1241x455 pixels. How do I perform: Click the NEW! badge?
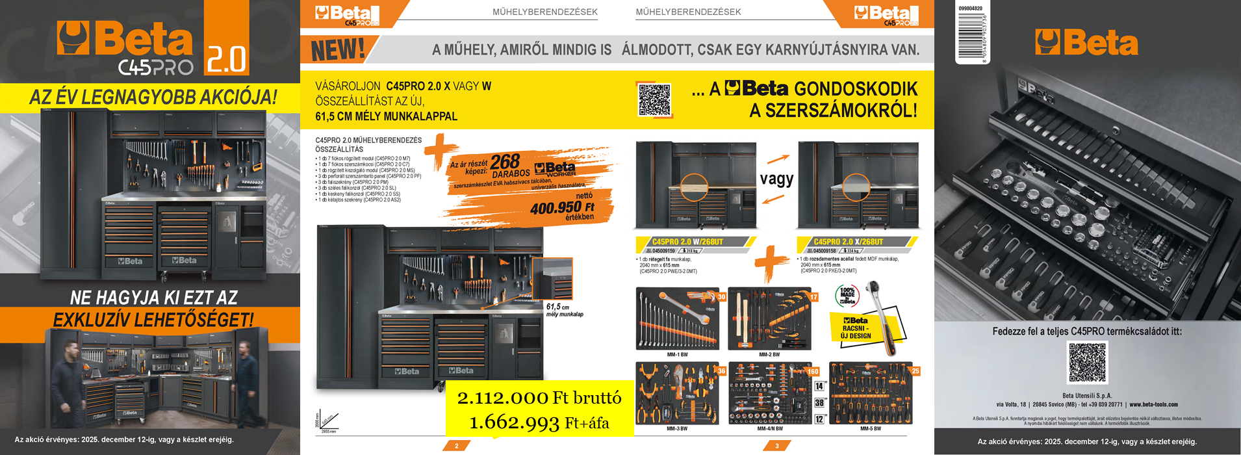click(x=338, y=50)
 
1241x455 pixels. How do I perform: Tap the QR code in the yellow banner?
click(x=654, y=100)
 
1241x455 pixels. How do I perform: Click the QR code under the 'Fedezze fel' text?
click(x=1087, y=363)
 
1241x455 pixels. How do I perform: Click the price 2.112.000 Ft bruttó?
click(x=539, y=398)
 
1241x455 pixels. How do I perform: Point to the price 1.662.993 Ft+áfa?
click(x=539, y=423)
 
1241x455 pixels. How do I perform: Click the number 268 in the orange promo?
click(x=505, y=161)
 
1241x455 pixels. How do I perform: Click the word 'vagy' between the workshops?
click(x=776, y=179)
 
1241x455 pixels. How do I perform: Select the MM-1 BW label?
click(x=677, y=355)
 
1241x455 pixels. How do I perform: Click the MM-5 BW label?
click(x=870, y=429)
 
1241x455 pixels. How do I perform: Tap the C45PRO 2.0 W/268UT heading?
click(x=687, y=242)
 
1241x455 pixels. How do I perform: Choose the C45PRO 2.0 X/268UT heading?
click(x=848, y=242)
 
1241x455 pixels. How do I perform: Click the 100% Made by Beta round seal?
click(x=847, y=296)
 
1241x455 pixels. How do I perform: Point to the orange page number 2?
click(x=456, y=446)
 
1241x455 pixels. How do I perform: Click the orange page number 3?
click(x=776, y=446)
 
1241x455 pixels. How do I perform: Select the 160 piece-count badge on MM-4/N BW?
click(x=813, y=372)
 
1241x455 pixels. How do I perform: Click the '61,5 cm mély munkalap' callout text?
click(x=564, y=310)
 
